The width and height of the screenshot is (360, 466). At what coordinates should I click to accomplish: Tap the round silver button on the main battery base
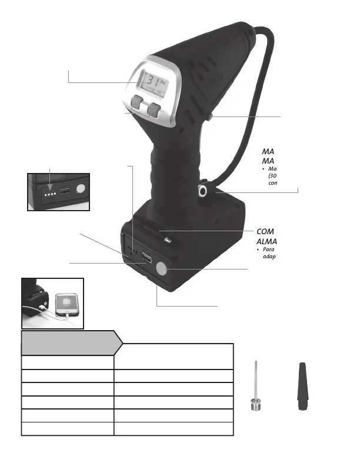pyautogui.click(x=162, y=269)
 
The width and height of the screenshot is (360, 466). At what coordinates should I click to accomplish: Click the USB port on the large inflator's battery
pyautogui.click(x=146, y=259)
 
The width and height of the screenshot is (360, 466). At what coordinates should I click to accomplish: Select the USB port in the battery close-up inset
pyautogui.click(x=64, y=192)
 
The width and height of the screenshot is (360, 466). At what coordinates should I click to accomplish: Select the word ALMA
pyautogui.click(x=266, y=242)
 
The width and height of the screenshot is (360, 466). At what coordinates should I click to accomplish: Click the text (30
pyautogui.click(x=272, y=176)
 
